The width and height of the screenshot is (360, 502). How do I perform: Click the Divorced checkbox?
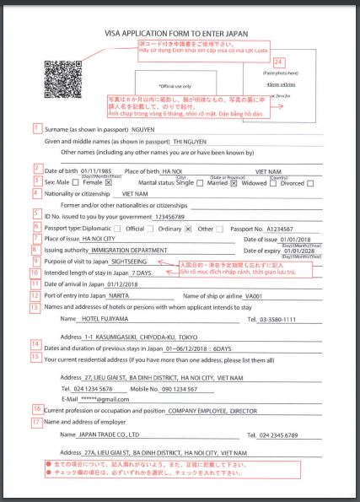[310, 181]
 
